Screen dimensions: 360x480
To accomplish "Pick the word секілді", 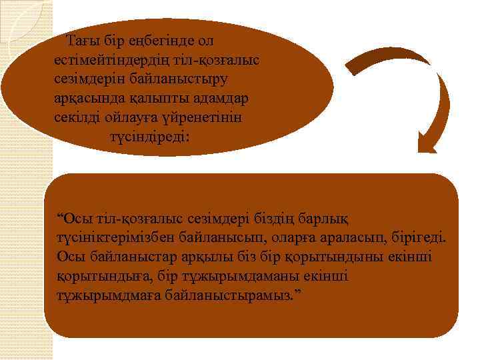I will (77, 117).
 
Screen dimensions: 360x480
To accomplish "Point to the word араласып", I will (339, 238).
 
